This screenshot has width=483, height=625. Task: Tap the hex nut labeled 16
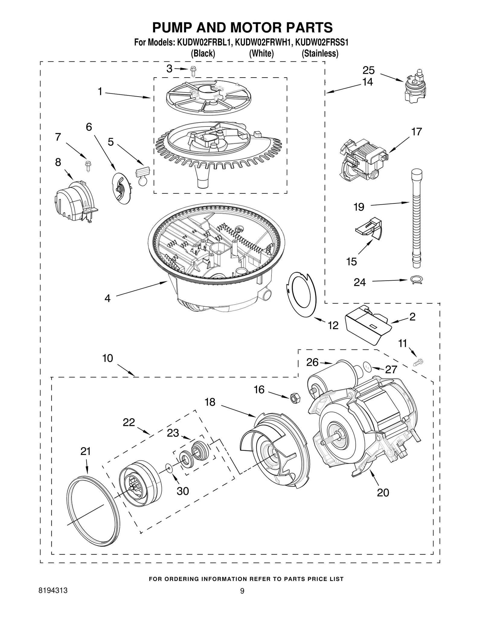point(294,398)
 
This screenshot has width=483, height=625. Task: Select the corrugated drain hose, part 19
point(417,217)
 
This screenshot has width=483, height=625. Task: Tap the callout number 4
point(107,298)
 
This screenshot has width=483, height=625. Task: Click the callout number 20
point(383,493)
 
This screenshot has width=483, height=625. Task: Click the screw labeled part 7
point(88,166)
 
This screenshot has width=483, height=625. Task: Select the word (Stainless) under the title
point(320,54)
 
